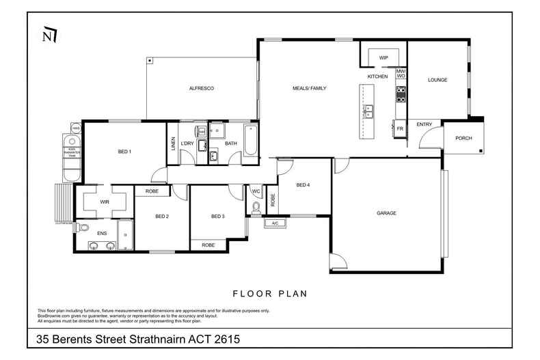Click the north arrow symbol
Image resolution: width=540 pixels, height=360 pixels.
click(x=49, y=34)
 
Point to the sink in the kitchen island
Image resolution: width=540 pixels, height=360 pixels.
click(x=368, y=109)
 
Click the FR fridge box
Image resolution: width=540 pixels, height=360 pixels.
click(x=400, y=128)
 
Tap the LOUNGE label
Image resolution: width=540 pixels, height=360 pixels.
click(x=437, y=80)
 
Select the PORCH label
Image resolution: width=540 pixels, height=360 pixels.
click(x=463, y=138)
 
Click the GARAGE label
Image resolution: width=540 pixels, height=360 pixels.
click(x=386, y=213)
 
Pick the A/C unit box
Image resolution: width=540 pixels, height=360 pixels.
click(x=275, y=223)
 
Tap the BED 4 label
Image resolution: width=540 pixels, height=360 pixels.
click(x=303, y=185)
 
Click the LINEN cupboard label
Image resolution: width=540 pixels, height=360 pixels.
click(x=173, y=143)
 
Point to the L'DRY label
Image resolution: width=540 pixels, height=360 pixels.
click(x=187, y=143)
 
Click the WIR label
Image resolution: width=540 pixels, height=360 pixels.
click(x=105, y=202)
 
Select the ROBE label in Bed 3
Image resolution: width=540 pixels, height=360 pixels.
click(x=208, y=245)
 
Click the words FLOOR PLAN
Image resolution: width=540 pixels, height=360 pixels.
click(x=270, y=294)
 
